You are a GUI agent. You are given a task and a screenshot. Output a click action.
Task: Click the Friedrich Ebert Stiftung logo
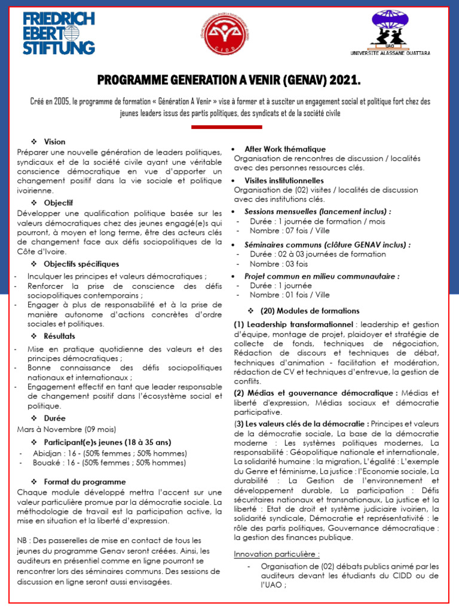pyautogui.click(x=59, y=33)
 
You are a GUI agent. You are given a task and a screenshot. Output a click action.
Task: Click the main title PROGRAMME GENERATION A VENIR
pyautogui.click(x=229, y=81)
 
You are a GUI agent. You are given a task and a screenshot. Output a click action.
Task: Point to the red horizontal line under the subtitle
pyautogui.click(x=227, y=126)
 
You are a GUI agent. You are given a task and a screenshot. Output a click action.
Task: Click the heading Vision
pyautogui.click(x=54, y=141)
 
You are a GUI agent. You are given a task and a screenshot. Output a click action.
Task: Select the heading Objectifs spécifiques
pyautogui.click(x=81, y=264)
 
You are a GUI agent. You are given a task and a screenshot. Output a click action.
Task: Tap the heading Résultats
pyautogui.click(x=60, y=336)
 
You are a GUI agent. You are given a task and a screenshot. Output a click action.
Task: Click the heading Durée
pyautogui.click(x=54, y=418)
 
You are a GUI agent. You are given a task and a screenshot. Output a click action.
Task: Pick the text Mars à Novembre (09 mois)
pyautogui.click(x=66, y=429)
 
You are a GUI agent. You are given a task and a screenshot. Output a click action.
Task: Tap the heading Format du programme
pyautogui.click(x=84, y=481)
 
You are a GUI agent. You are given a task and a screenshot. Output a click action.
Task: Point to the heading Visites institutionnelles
pyautogui.click(x=284, y=180)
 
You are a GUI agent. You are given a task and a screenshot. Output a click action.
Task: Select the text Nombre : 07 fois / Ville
pyautogui.click(x=290, y=231)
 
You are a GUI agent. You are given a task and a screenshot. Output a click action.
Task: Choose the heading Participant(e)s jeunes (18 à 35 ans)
pyautogui.click(x=108, y=442)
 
